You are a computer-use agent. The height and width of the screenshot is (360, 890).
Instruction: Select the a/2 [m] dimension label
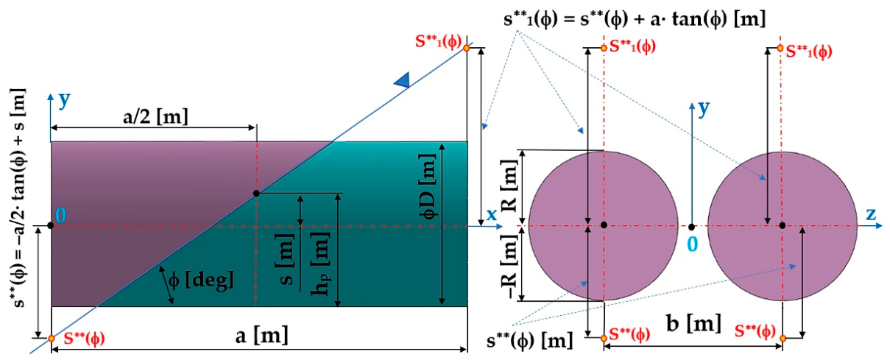pyautogui.click(x=155, y=117)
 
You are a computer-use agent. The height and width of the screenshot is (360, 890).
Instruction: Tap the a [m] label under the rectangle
pyautogui.click(x=261, y=336)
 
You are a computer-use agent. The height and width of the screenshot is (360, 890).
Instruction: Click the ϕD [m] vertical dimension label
pyautogui.click(x=428, y=186)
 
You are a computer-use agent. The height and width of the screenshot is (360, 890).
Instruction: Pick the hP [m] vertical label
pyautogui.click(x=321, y=263)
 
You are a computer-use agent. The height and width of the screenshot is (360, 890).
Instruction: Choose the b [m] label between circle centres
pyautogui.click(x=693, y=323)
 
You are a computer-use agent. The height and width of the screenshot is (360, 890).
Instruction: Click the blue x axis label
pyautogui.click(x=492, y=215)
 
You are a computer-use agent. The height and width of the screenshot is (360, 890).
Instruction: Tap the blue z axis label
pyautogui.click(x=871, y=214)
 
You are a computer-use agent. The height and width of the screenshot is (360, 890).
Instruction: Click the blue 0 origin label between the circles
pyautogui.click(x=693, y=244)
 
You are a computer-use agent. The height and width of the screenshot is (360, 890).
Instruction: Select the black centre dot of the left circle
pyautogui.click(x=604, y=225)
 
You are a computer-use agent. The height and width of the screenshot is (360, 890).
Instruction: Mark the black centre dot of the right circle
pyautogui.click(x=783, y=226)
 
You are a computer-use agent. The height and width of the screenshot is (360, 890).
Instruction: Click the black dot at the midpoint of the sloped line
pyautogui.click(x=256, y=194)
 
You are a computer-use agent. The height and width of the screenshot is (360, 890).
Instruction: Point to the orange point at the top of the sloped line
pyautogui.click(x=467, y=48)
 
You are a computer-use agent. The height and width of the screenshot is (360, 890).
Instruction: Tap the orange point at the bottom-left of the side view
pyautogui.click(x=52, y=338)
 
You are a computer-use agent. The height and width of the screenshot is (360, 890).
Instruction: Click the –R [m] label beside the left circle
pyautogui.click(x=509, y=267)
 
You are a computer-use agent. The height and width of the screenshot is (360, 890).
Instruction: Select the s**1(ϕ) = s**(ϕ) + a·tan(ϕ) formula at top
pyautogui.click(x=635, y=19)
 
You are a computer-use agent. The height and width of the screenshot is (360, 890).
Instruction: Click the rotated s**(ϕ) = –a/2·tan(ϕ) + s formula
pyautogui.click(x=18, y=198)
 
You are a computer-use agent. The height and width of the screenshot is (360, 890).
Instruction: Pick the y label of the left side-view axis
pyautogui.click(x=65, y=100)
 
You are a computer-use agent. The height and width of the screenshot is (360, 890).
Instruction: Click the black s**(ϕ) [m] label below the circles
pyautogui.click(x=529, y=341)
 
